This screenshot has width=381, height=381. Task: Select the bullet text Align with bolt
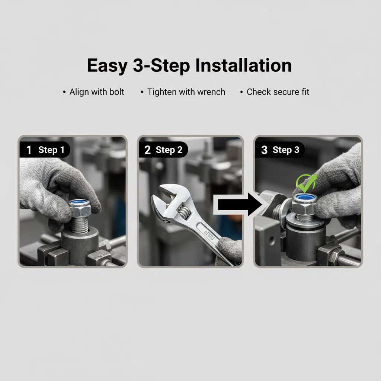(97, 92)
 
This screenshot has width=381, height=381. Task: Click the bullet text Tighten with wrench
(186, 92)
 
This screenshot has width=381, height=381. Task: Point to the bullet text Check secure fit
(278, 92)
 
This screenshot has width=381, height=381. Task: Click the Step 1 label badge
(45, 150)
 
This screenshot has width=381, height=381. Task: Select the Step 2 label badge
(163, 150)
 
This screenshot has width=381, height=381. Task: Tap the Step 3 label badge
(280, 150)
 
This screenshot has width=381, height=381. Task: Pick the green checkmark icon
(305, 182)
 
